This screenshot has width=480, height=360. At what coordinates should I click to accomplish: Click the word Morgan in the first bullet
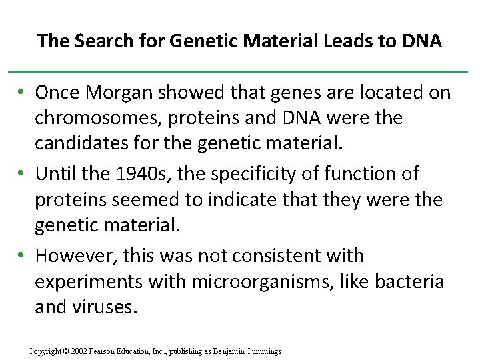[x=123, y=92]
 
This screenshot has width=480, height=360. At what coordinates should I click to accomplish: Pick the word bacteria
[x=409, y=281]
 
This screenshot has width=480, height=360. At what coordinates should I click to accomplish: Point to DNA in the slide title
[x=421, y=41]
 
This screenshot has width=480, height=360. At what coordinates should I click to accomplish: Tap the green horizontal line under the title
[x=240, y=71]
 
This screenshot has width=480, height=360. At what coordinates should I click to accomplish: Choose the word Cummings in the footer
[x=264, y=351]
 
